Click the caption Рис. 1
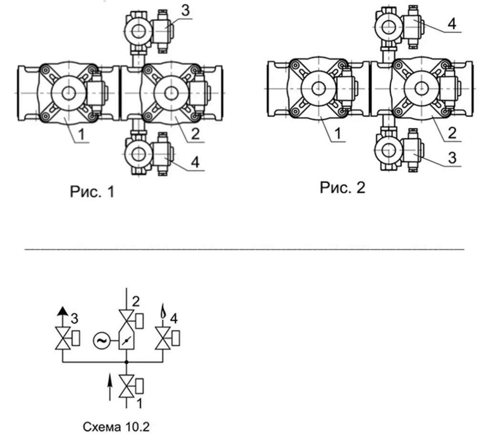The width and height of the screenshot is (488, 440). (x=92, y=192)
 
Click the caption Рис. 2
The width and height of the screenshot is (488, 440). (x=342, y=187)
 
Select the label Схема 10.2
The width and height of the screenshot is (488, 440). (x=116, y=427)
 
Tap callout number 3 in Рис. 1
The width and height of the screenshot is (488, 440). (x=185, y=10)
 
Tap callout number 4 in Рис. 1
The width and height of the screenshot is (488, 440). (x=195, y=162)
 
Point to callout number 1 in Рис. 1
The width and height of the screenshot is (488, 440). (x=81, y=134)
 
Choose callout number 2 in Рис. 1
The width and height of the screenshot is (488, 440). (x=195, y=134)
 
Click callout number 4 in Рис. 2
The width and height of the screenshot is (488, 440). (x=452, y=24)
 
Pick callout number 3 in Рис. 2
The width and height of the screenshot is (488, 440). (x=452, y=158)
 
